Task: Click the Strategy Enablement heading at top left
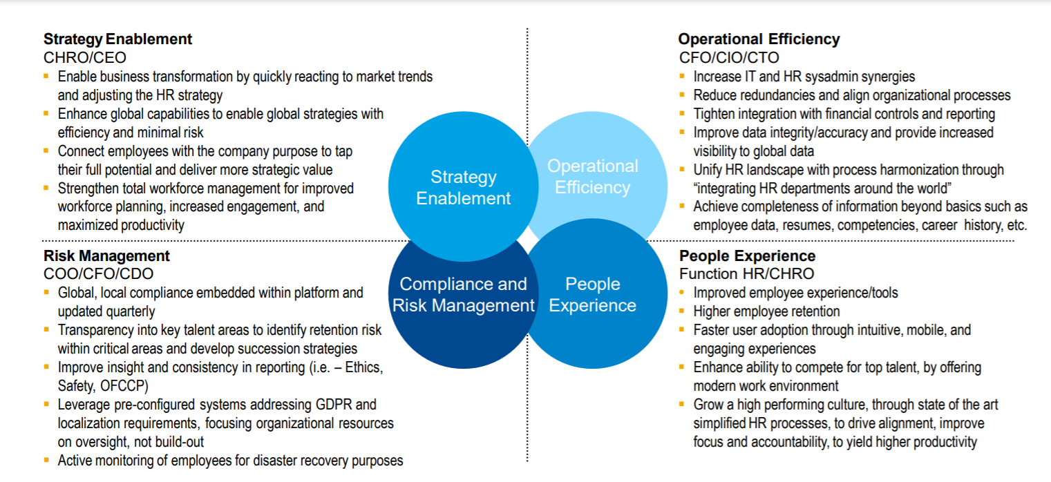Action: pyautogui.click(x=117, y=39)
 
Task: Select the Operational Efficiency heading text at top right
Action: pyautogui.click(x=759, y=39)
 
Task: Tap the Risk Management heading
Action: pyautogui.click(x=106, y=256)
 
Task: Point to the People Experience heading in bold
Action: pyautogui.click(x=747, y=256)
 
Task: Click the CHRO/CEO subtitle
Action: pyautogui.click(x=85, y=58)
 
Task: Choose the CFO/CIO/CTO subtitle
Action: pyautogui.click(x=729, y=58)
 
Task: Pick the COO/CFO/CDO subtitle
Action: pyautogui.click(x=98, y=275)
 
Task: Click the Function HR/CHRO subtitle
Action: pyautogui.click(x=746, y=275)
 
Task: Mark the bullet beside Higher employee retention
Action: pyautogui.click(x=682, y=311)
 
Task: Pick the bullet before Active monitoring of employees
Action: pyautogui.click(x=46, y=461)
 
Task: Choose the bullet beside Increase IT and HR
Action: pyautogui.click(x=682, y=77)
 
